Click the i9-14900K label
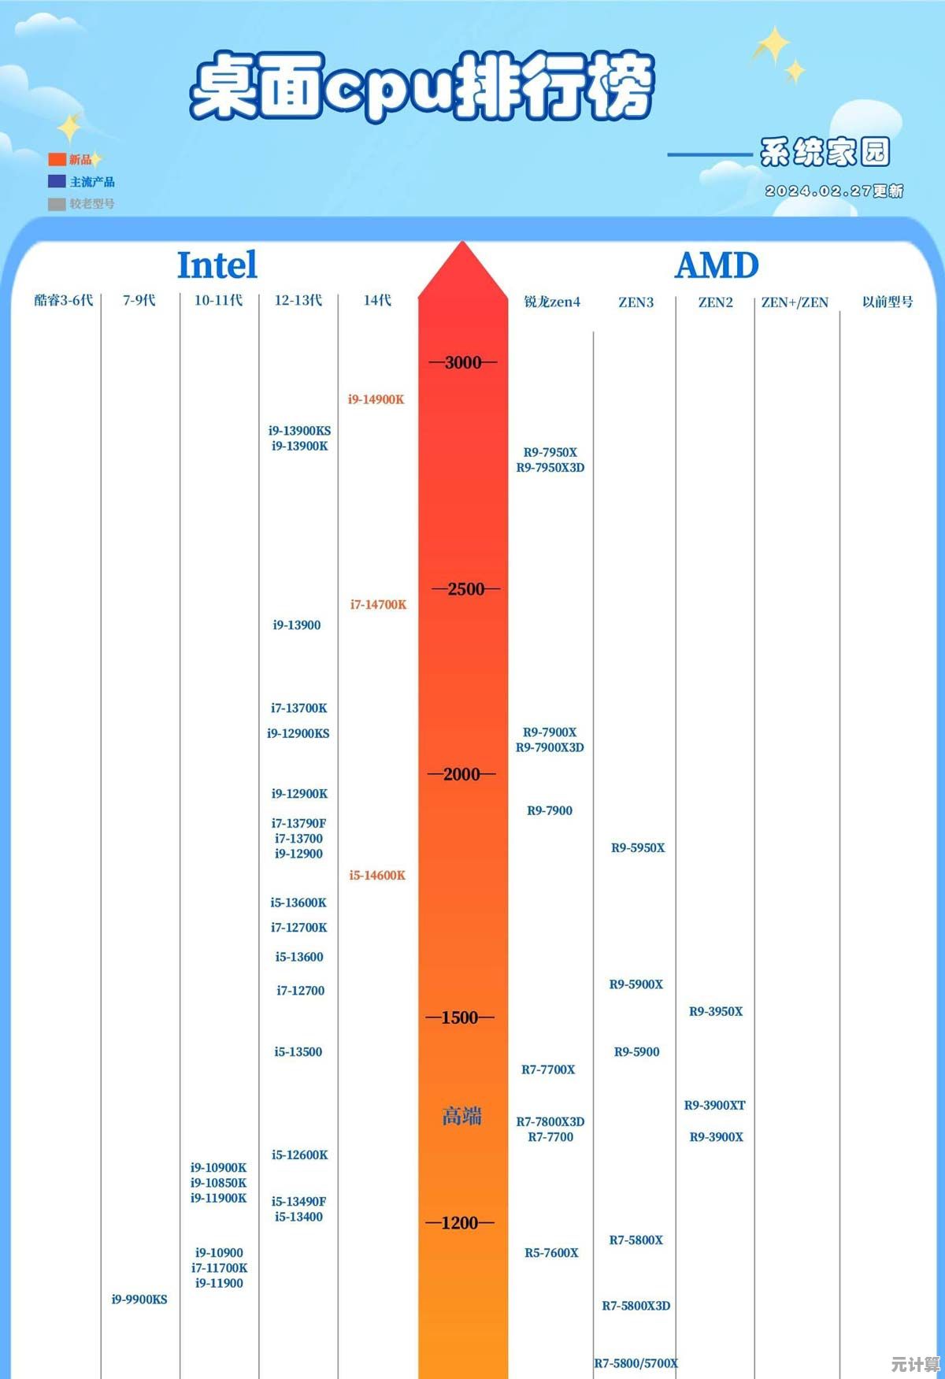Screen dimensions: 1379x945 [x=376, y=399]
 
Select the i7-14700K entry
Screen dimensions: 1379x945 [x=379, y=605]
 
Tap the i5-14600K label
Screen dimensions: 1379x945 [x=377, y=876]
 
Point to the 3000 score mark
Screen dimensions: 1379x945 [x=463, y=362]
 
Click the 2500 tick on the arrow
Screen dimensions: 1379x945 [x=465, y=589]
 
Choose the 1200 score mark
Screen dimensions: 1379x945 [x=460, y=1223]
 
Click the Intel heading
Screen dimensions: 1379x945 [x=217, y=265]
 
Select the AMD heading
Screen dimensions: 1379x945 [x=717, y=266]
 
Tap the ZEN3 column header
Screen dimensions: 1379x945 [x=636, y=302]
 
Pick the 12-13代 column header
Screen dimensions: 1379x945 [x=298, y=300]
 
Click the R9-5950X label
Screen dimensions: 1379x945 [x=638, y=848]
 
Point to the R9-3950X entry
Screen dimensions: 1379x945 [x=716, y=1012]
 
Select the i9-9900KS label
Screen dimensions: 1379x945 [x=139, y=1299]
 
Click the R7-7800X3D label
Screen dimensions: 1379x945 [x=550, y=1121]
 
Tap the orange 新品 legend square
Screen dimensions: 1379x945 [x=57, y=160]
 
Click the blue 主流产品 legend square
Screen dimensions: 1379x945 [x=57, y=182]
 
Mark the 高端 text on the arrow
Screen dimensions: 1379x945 [x=461, y=1116]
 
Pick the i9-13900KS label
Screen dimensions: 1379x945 [x=299, y=431]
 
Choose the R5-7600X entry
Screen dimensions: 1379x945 [x=551, y=1253]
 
